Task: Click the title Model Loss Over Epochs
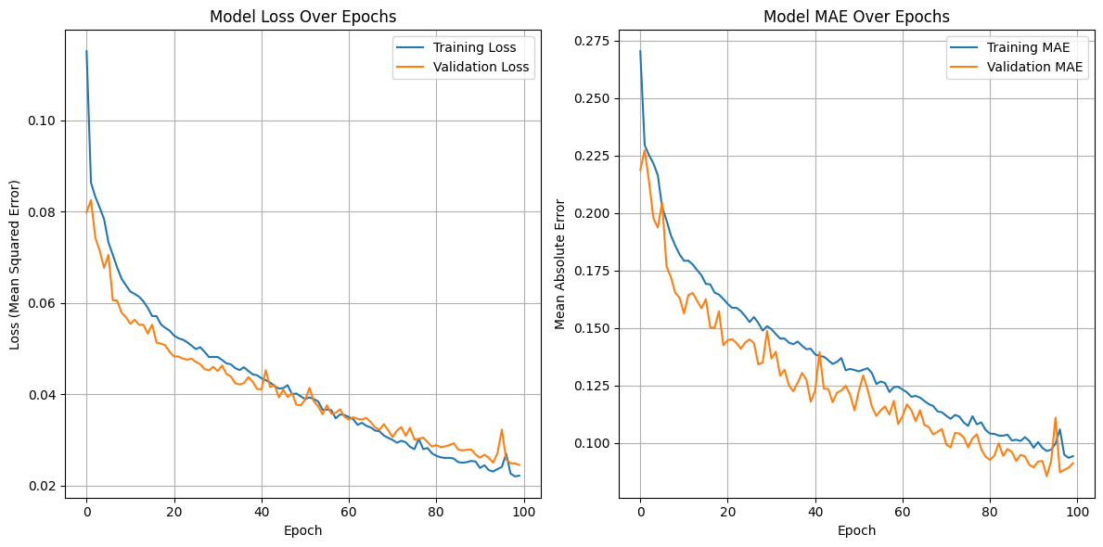(x=302, y=17)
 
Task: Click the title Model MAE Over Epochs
(x=856, y=17)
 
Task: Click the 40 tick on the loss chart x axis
(x=262, y=513)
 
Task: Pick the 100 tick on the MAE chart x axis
(x=1077, y=513)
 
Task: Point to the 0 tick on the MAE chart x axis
(x=640, y=513)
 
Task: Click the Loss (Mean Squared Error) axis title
(x=15, y=263)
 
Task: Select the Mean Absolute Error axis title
(x=560, y=263)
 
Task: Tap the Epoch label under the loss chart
(x=302, y=531)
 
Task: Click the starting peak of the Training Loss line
(x=86, y=51)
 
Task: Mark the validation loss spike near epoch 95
(x=502, y=429)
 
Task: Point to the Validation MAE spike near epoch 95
(x=1055, y=417)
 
